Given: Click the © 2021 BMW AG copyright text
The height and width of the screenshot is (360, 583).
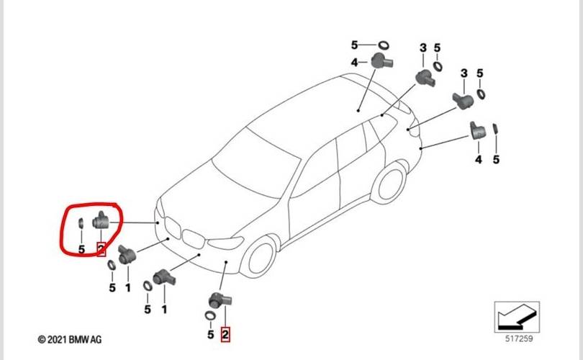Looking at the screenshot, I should coord(69,338).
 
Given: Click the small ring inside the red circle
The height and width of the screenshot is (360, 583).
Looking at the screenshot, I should coord(81,222).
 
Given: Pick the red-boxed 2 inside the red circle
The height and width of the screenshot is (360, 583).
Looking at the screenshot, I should coord(101,249).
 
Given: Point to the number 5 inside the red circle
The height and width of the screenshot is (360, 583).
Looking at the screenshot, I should coord(81,249).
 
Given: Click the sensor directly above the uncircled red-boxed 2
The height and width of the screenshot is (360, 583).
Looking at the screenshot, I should coord(218,302).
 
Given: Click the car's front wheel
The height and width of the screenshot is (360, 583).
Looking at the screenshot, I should coord(261,256).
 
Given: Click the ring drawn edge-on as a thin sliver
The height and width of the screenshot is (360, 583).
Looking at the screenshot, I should coord(496,130).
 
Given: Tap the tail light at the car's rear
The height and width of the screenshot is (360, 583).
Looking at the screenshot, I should coord(411,130).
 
